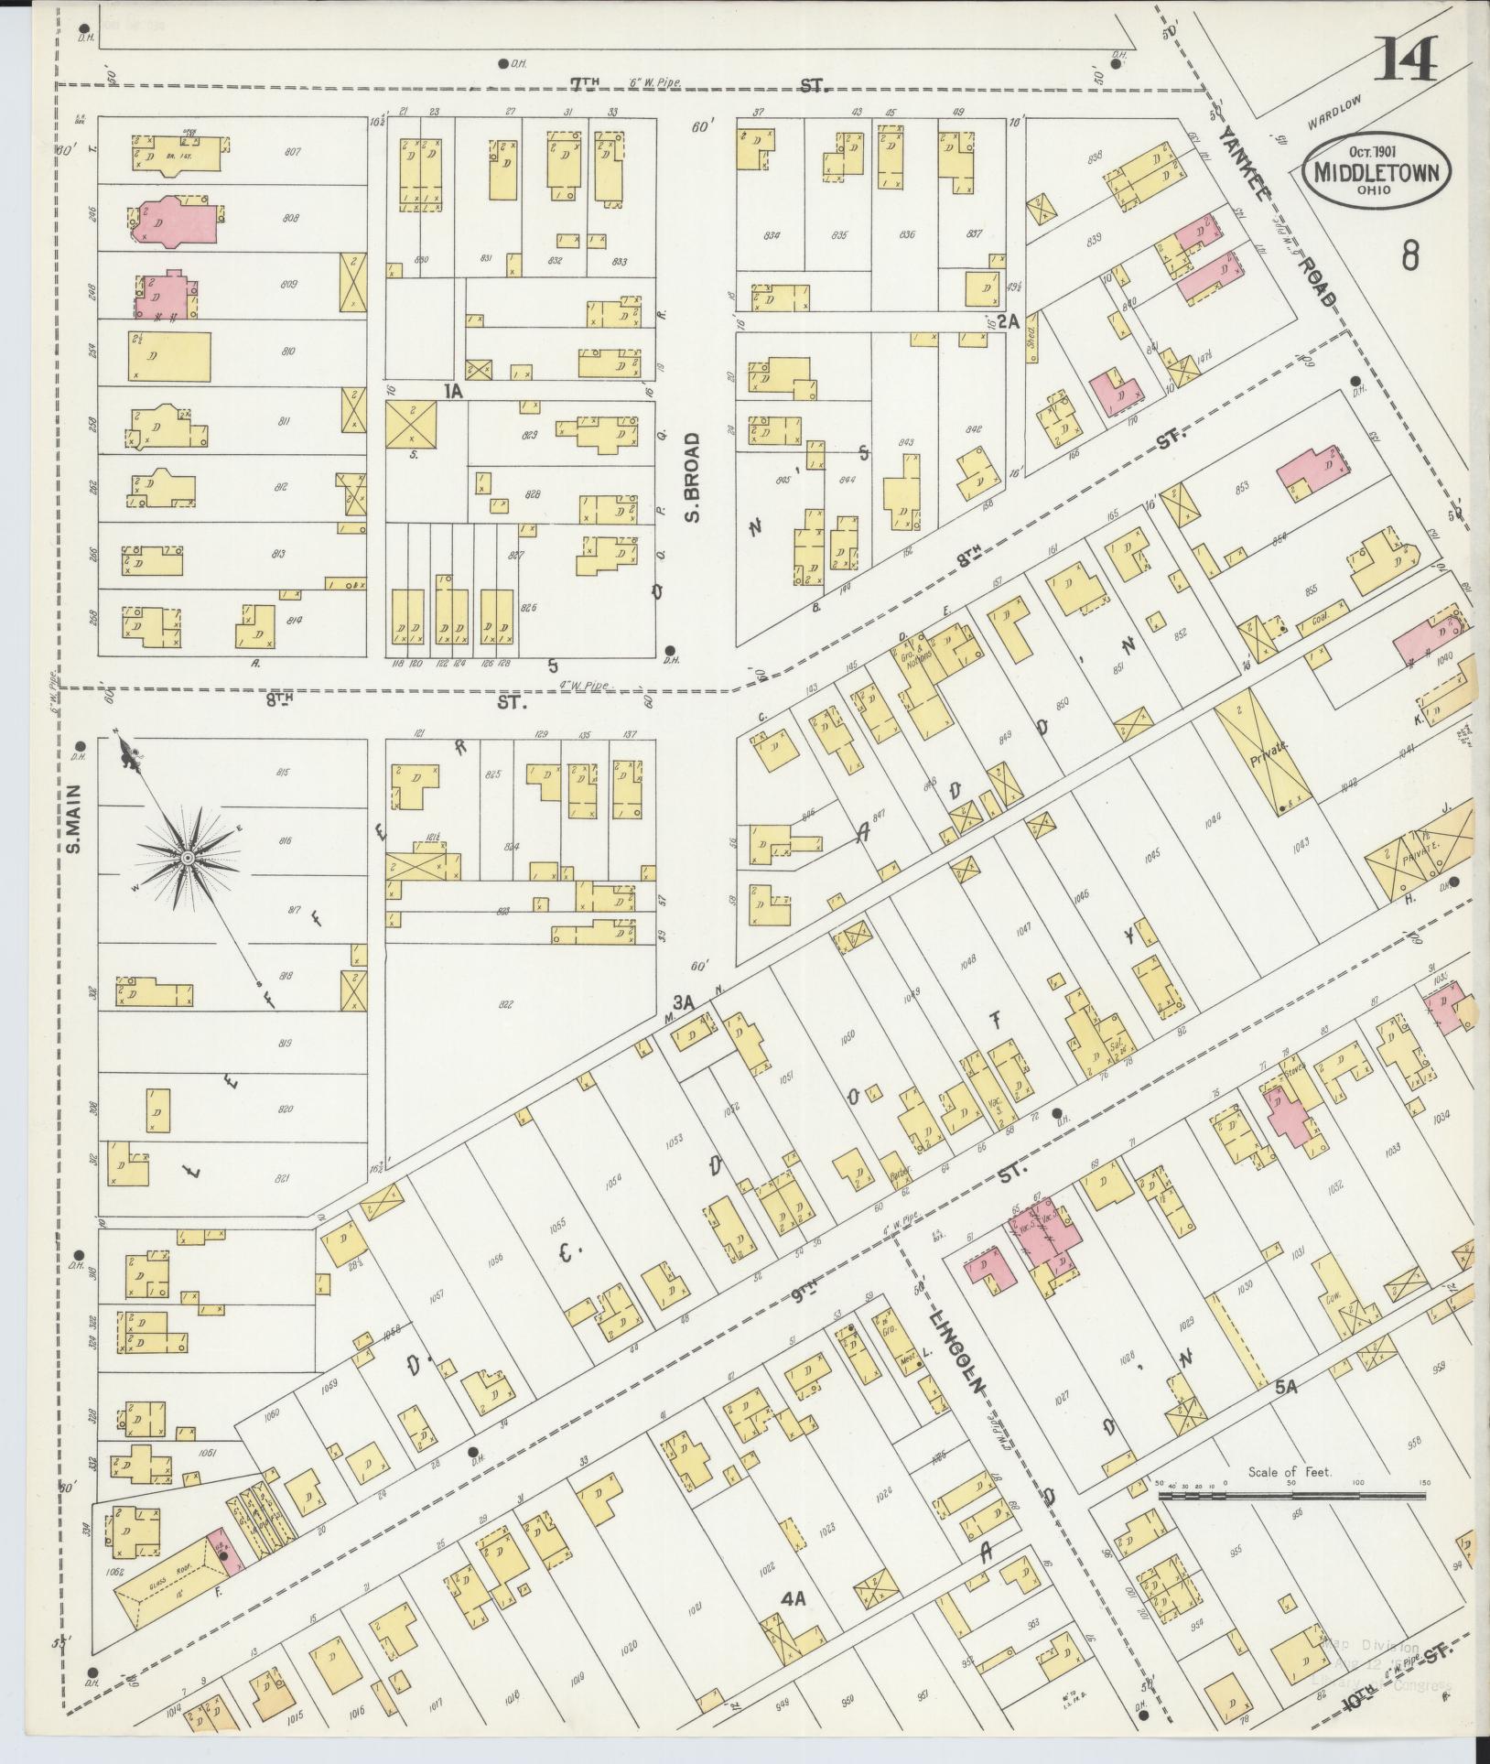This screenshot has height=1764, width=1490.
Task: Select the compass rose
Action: [x=186, y=857]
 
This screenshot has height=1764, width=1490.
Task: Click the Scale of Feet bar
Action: [x=1291, y=1497]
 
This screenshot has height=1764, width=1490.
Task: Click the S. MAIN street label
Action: [x=75, y=818]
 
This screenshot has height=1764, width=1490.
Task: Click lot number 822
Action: [x=505, y=1005]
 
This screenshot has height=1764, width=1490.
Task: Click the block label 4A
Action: [x=793, y=1625]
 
